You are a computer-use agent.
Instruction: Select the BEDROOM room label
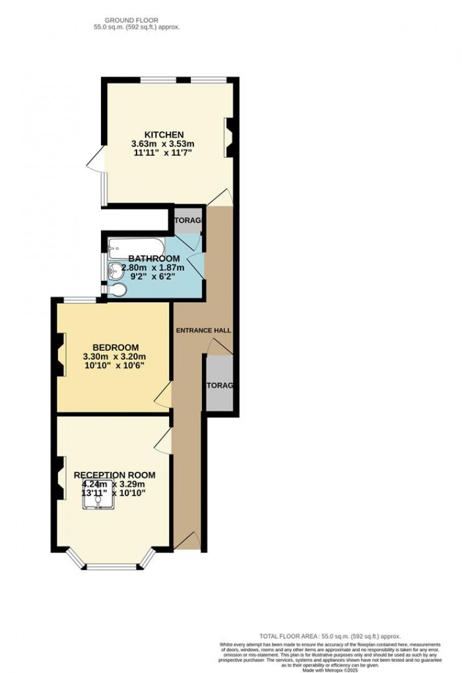click(115, 348)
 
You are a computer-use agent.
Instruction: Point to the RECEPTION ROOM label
click(114, 474)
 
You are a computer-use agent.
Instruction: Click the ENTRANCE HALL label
click(203, 330)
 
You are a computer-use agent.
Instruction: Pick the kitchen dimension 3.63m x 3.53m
click(164, 144)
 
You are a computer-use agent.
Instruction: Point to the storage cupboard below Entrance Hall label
click(219, 384)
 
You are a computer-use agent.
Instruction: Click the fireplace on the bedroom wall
click(61, 354)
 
